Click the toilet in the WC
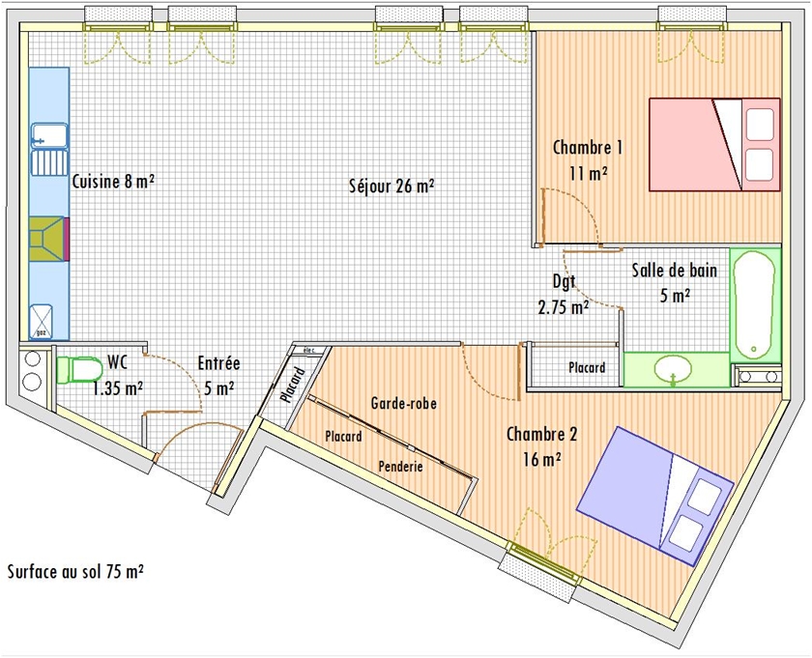tap(79, 370)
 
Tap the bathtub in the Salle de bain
tap(755, 305)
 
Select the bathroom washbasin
tap(673, 370)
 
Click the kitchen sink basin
tap(49, 135)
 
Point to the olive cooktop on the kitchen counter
tap(46, 239)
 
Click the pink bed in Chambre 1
tap(714, 145)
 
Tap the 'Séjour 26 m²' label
tap(391, 185)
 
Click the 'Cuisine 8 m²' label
tap(113, 182)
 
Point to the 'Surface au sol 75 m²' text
tap(75, 571)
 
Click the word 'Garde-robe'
tap(403, 403)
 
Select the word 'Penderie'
tap(400, 467)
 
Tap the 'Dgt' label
tap(564, 282)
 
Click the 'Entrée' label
tap(218, 363)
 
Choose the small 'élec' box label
tap(309, 350)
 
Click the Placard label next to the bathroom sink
tap(587, 367)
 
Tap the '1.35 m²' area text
tap(118, 387)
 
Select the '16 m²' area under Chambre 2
tap(542, 459)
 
